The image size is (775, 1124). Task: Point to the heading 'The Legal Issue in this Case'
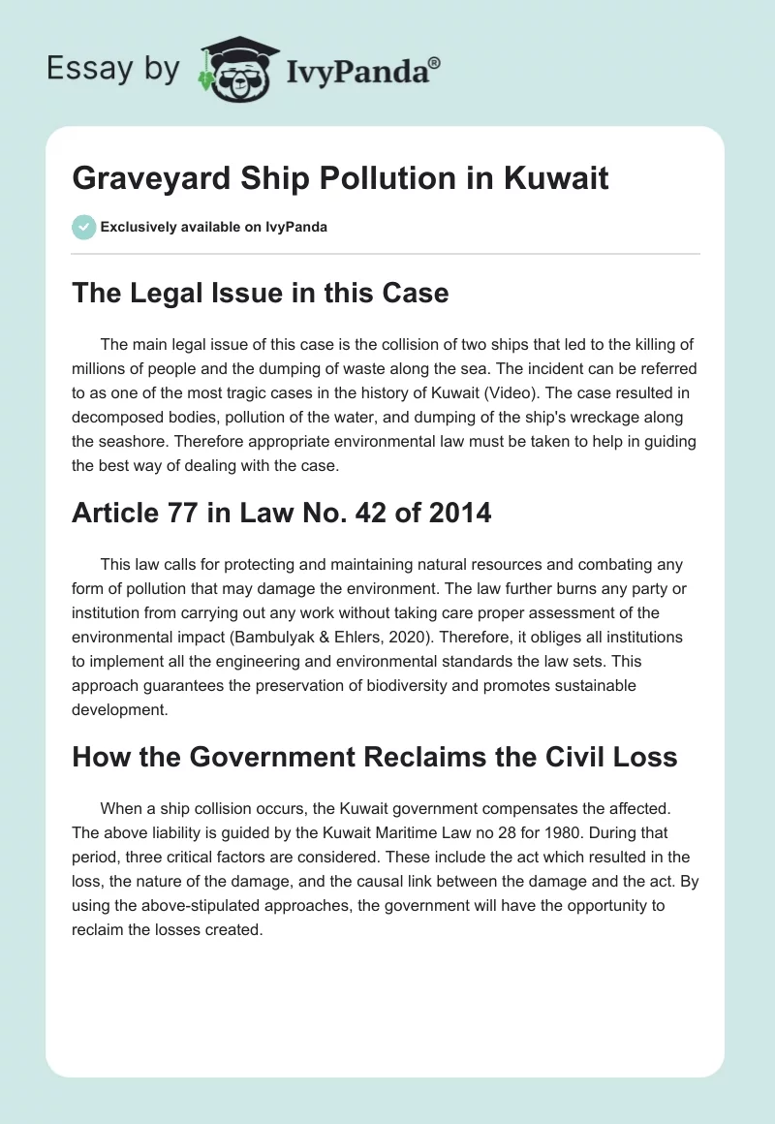(261, 292)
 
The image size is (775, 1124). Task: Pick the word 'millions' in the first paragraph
(104, 369)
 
